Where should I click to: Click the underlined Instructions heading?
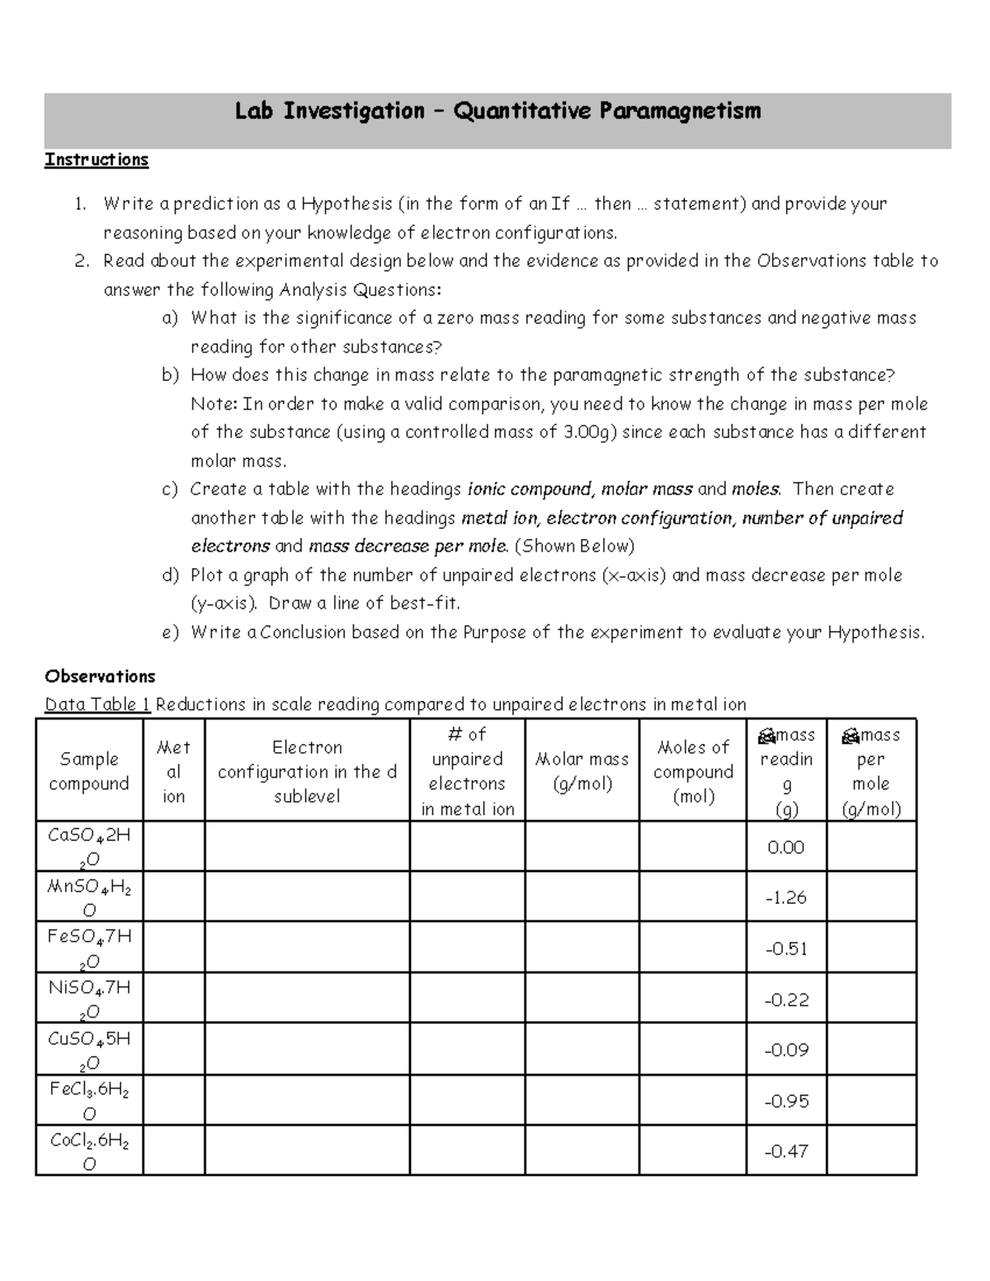97,160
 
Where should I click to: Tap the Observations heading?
100,676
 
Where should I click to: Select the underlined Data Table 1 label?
98,704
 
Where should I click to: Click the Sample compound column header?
89,770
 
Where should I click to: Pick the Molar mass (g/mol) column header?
582,770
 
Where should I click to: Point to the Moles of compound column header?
693,770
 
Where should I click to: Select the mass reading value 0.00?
785,847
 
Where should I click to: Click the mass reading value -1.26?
785,897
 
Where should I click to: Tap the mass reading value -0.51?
785,949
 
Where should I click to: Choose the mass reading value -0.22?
785,1000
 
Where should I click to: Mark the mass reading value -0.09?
785,1050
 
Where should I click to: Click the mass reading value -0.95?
785,1101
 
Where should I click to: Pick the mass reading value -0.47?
785,1151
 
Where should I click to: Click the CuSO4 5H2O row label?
89,1049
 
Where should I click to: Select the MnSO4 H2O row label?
89,897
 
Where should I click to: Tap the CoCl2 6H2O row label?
89,1151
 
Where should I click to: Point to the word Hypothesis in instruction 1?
346,204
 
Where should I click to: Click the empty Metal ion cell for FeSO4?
173,948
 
